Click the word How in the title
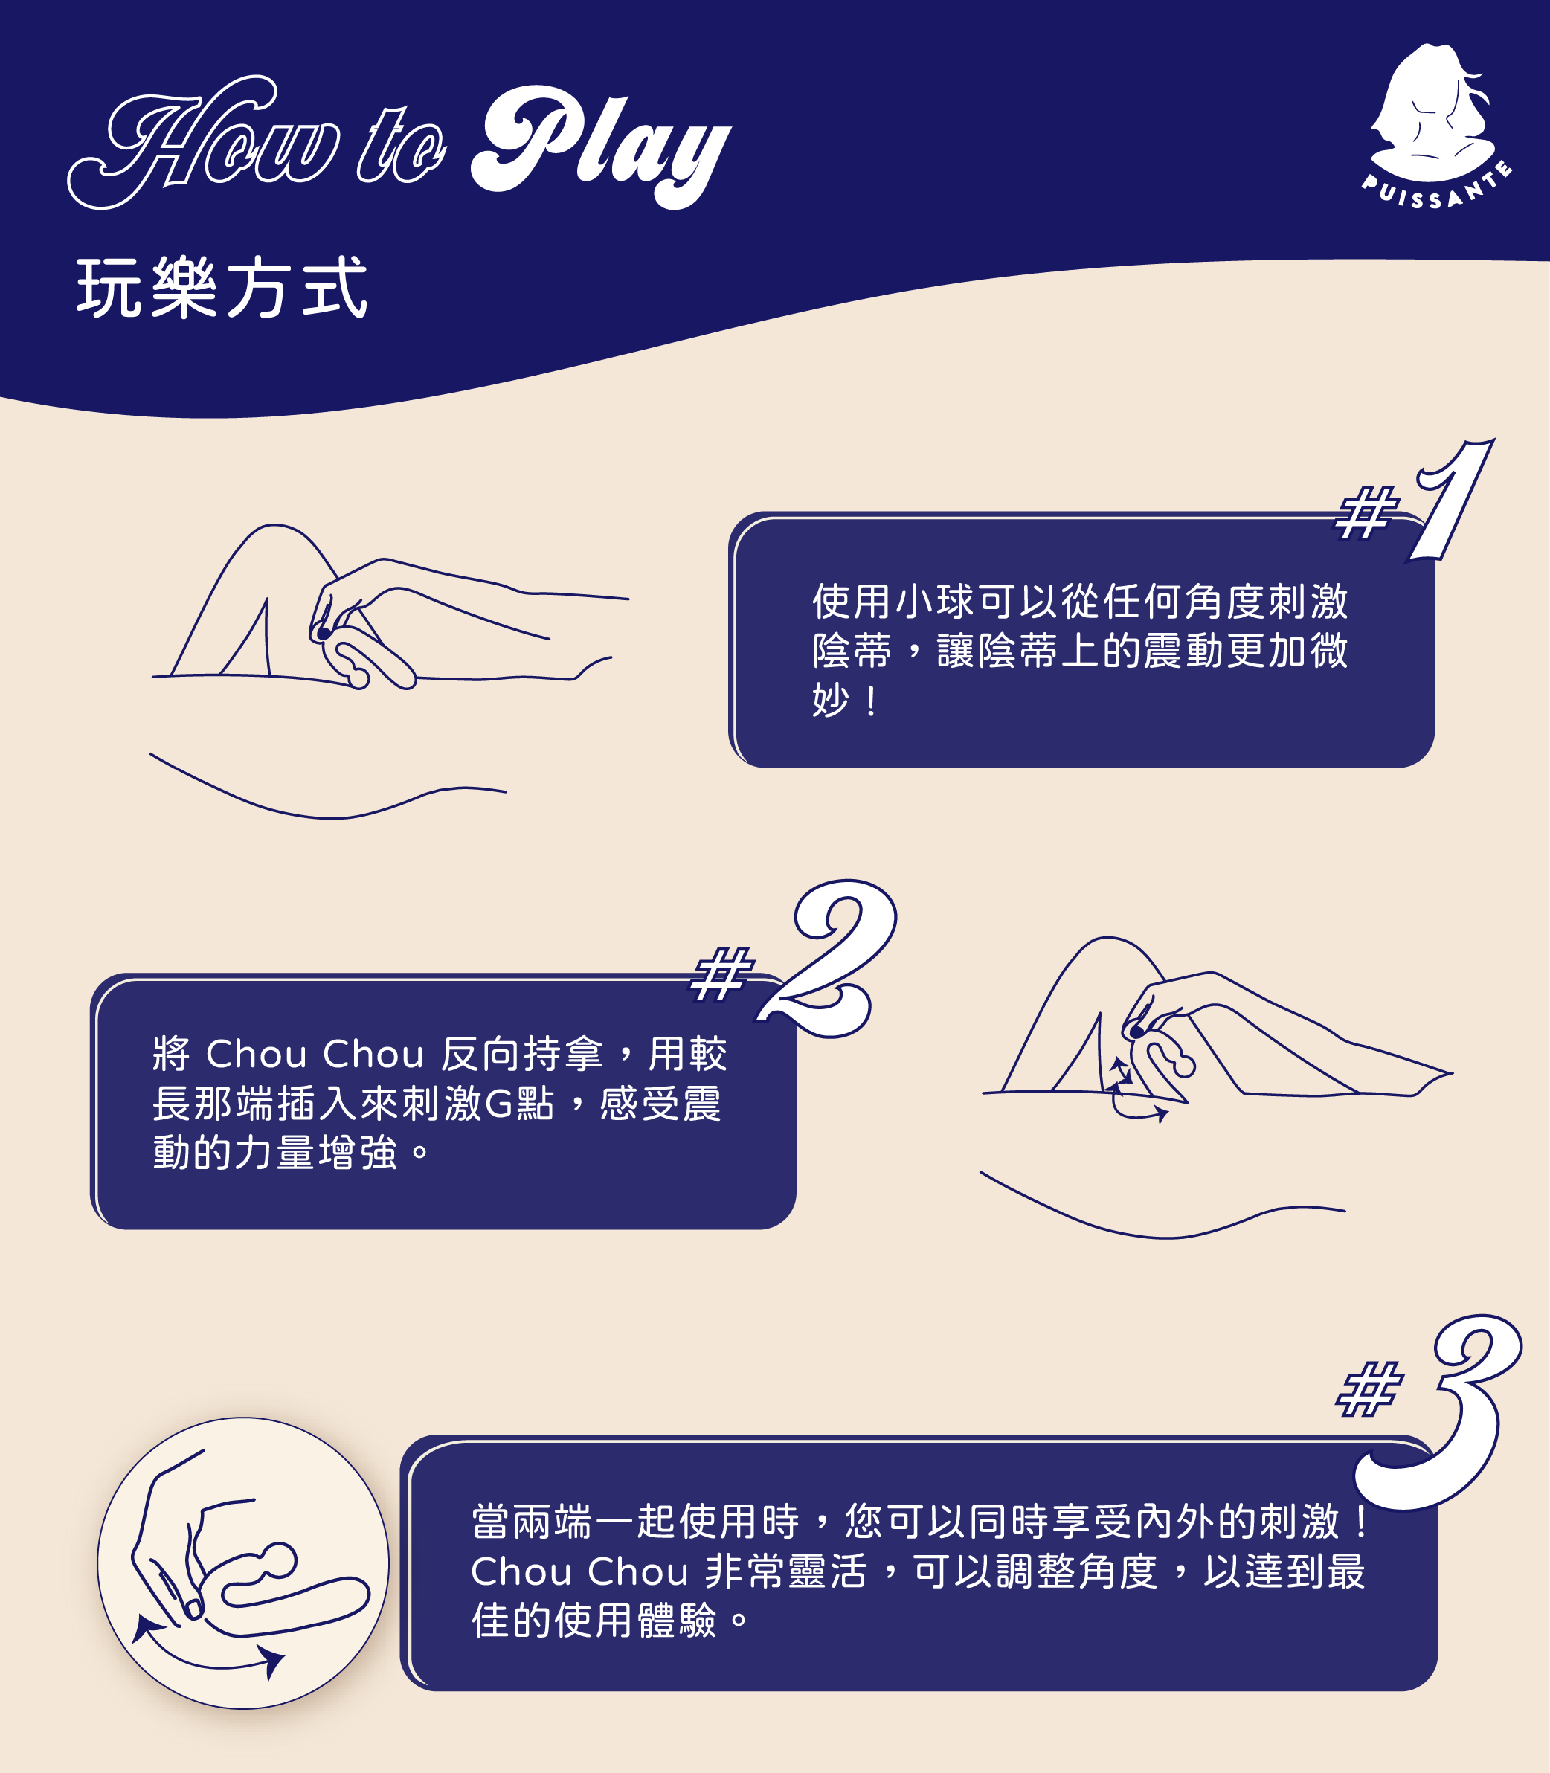click(204, 144)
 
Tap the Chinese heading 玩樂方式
click(222, 288)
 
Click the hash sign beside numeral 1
click(1366, 512)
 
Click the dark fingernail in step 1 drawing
click(324, 633)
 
